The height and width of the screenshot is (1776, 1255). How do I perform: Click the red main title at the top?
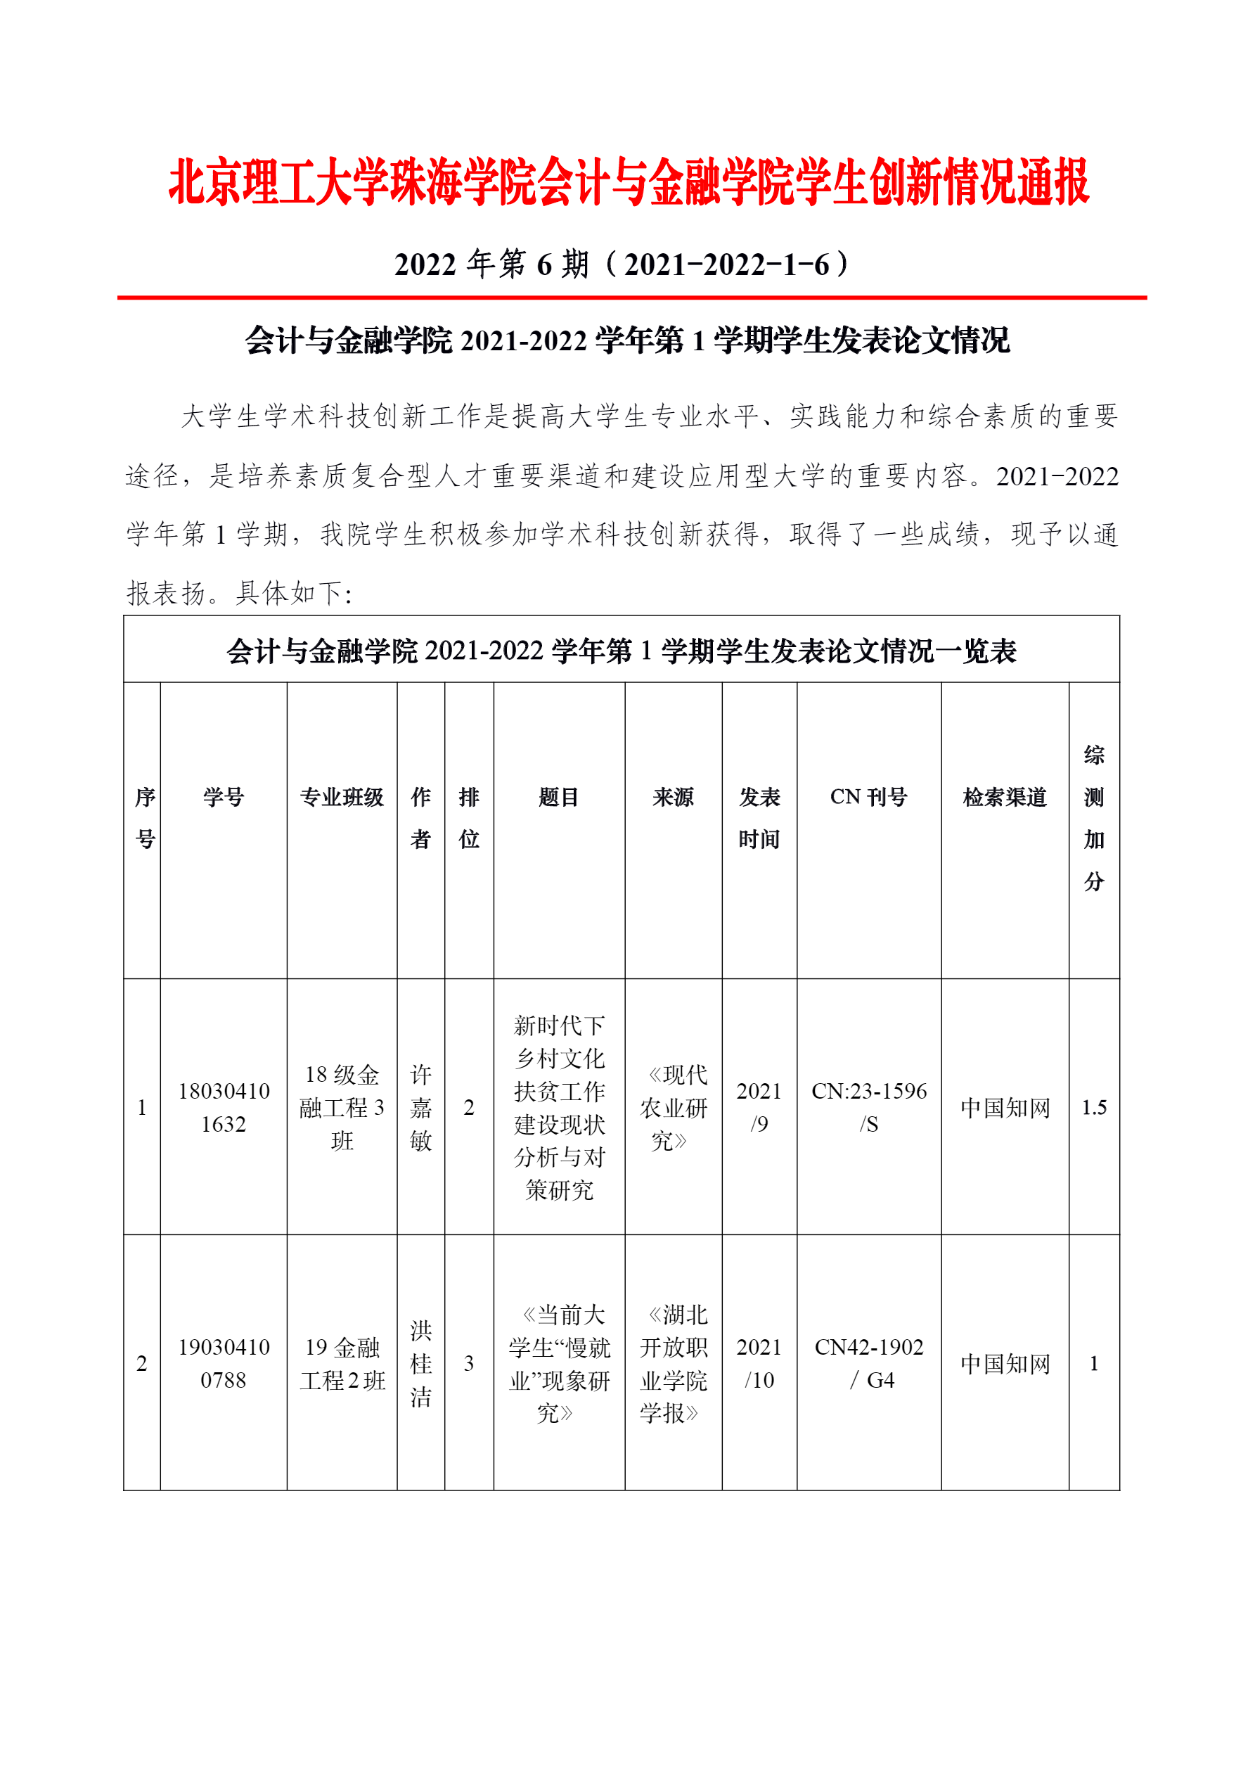point(628,183)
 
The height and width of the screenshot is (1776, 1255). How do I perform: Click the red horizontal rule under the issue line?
point(631,297)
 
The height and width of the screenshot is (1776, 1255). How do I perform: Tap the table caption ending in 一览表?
point(621,651)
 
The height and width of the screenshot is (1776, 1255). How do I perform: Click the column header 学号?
point(224,797)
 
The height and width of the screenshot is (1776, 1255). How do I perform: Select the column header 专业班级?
point(342,797)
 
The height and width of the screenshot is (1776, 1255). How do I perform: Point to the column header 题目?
point(558,797)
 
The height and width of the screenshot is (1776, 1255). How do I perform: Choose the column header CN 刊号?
point(868,797)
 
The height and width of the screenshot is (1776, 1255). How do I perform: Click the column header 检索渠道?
point(1005,797)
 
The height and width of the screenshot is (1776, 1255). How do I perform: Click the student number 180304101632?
point(224,1107)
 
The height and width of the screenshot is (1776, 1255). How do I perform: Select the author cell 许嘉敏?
point(420,1107)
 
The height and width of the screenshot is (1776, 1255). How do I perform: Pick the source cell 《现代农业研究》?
point(673,1107)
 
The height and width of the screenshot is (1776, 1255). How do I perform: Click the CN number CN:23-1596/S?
point(868,1107)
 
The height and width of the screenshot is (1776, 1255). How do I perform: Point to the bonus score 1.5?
point(1093,1107)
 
